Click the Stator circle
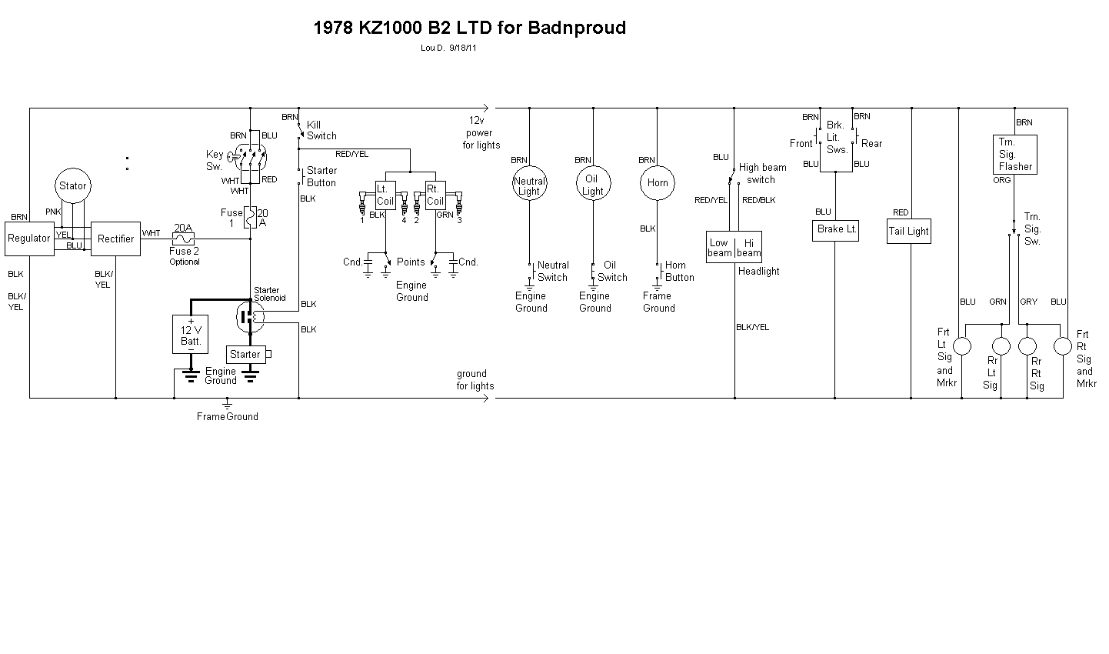coord(73,186)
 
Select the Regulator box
coord(29,239)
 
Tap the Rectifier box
coord(115,239)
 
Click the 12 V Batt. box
coord(191,334)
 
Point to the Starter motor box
coord(245,354)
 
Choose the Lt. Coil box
coord(385,195)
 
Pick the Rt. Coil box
coord(435,195)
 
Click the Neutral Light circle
coord(529,185)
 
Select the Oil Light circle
coord(592,185)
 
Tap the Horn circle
coord(658,183)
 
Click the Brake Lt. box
coord(835,229)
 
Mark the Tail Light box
coord(909,231)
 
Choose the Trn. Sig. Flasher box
coord(1015,154)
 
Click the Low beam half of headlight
coord(720,247)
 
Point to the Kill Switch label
coord(321,130)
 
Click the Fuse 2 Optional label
coord(185,256)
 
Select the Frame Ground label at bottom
coord(228,416)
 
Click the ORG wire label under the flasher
coord(1002,180)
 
